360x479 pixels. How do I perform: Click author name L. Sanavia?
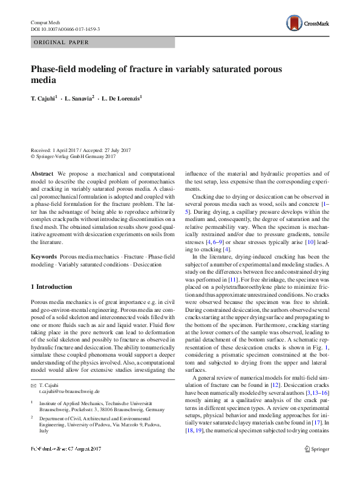coord(80,97)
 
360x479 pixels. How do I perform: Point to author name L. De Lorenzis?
coord(122,97)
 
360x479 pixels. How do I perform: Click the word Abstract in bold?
coord(42,174)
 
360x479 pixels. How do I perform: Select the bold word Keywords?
coord(44,257)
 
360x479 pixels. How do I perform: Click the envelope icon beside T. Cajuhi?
coord(33,385)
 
